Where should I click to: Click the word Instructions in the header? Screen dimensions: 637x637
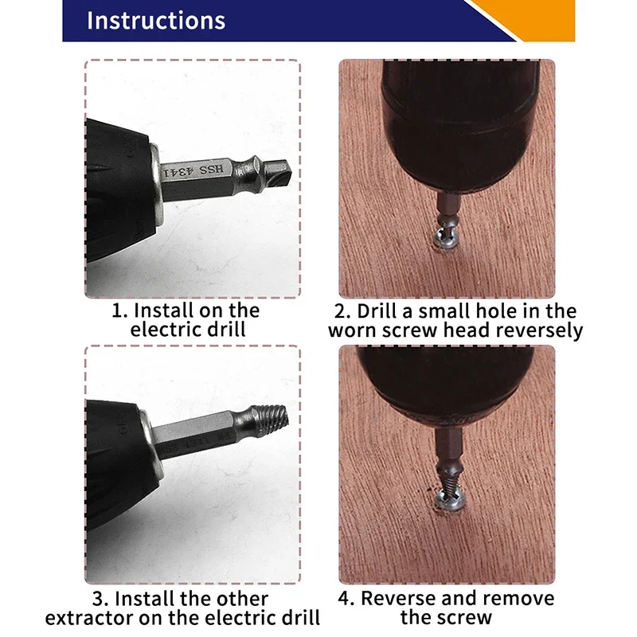pyautogui.click(x=156, y=21)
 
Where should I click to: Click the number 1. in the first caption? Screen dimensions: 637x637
pyautogui.click(x=118, y=310)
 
